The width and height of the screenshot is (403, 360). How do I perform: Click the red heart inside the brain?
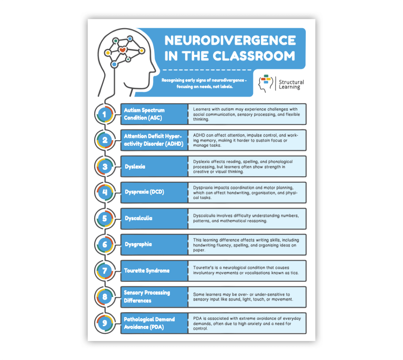coord(122,50)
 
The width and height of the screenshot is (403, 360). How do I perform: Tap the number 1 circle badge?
coord(105,114)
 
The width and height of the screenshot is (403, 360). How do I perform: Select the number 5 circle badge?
coord(105,218)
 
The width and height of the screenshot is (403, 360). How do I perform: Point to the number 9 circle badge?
coord(105,323)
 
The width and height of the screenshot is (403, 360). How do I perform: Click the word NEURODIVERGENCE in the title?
coord(230,40)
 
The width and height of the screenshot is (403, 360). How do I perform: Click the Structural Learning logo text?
coord(291,84)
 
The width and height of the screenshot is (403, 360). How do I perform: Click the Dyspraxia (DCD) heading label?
coord(144,192)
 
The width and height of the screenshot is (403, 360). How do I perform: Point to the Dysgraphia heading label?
coord(138,244)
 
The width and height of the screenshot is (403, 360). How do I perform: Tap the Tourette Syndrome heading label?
coord(147,271)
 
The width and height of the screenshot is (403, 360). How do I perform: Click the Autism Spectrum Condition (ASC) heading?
coord(144,114)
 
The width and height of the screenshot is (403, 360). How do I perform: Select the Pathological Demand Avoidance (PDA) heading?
coord(149,323)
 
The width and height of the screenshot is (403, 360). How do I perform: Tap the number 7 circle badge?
coord(105,271)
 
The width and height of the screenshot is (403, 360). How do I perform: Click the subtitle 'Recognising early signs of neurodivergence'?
coord(204,83)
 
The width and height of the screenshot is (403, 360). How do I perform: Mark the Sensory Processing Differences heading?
coord(147,297)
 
